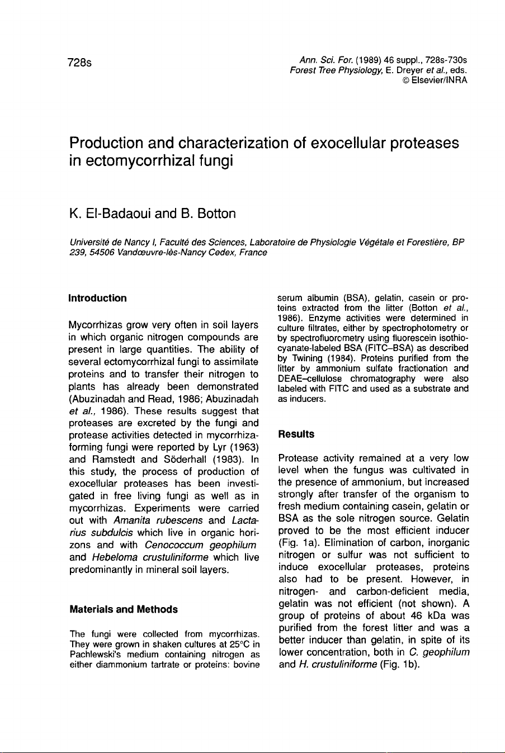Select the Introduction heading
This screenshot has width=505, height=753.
[97, 298]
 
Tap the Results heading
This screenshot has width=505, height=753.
[296, 434]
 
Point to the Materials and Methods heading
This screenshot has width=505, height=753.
[123, 609]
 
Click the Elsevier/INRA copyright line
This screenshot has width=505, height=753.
[435, 80]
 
